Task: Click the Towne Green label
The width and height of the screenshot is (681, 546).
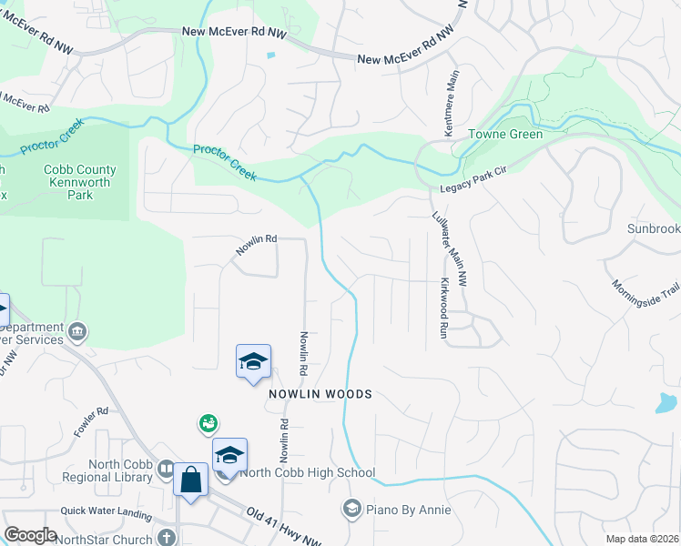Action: tap(505, 135)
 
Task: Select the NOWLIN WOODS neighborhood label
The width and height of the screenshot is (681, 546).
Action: tap(320, 394)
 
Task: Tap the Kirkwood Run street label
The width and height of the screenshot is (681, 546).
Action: tap(445, 308)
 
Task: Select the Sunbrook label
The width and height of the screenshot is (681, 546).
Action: tap(653, 229)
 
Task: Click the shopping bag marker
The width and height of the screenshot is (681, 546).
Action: tap(191, 479)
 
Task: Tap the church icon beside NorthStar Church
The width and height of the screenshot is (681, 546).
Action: tap(166, 537)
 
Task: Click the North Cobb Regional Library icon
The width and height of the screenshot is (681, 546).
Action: tap(166, 469)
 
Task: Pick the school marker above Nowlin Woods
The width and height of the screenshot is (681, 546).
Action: tap(252, 362)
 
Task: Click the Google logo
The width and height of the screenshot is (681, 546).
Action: tap(30, 535)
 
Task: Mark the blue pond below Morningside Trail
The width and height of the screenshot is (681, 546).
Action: tap(666, 402)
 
